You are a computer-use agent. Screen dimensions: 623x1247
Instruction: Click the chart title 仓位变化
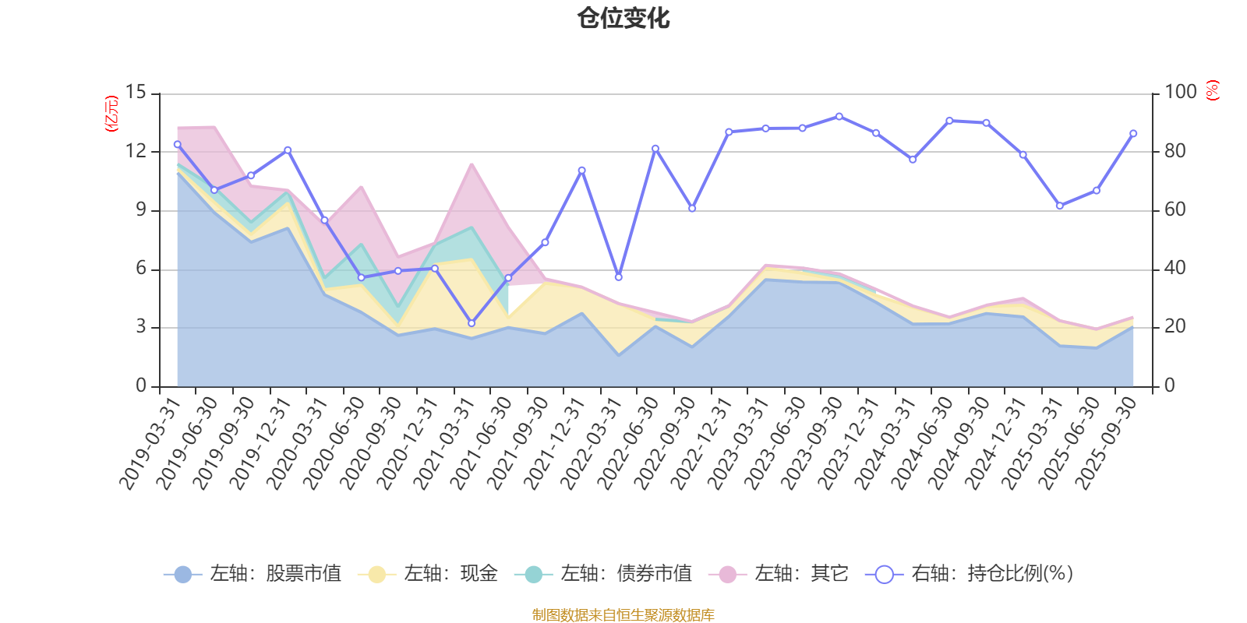click(x=623, y=18)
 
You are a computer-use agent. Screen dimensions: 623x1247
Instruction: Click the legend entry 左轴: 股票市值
click(x=253, y=574)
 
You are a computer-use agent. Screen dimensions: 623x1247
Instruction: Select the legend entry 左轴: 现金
click(x=428, y=574)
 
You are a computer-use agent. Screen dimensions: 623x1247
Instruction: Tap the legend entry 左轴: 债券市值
click(x=603, y=574)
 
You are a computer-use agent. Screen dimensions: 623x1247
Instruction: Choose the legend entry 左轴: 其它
click(x=779, y=574)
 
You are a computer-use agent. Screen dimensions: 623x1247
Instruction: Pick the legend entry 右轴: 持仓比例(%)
click(x=970, y=574)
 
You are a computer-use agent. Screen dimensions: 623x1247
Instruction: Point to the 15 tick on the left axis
click(x=136, y=92)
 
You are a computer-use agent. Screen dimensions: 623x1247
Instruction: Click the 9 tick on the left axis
click(x=140, y=209)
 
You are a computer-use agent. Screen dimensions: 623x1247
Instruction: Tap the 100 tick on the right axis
click(x=1180, y=92)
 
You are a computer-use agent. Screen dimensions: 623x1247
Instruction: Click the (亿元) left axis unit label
click(x=111, y=114)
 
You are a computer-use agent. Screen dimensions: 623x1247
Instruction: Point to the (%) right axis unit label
click(x=1213, y=91)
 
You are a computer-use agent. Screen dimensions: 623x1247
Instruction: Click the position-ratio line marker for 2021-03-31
click(x=472, y=323)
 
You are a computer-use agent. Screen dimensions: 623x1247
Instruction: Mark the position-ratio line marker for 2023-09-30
click(x=839, y=116)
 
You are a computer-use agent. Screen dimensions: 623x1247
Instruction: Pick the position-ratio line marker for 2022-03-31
click(x=619, y=277)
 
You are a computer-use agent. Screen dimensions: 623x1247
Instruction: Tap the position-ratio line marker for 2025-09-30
click(x=1133, y=133)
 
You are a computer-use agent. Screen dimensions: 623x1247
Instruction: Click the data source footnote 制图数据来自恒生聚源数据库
click(x=623, y=615)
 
